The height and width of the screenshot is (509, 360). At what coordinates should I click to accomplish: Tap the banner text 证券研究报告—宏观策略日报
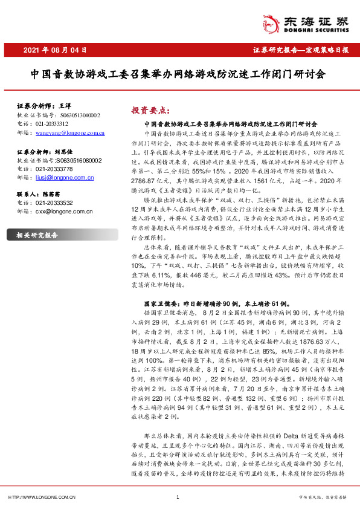300,50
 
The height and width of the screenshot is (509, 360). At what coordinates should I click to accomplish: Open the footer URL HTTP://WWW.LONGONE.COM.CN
41,497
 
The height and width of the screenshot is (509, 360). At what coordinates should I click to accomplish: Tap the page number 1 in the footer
178,497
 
